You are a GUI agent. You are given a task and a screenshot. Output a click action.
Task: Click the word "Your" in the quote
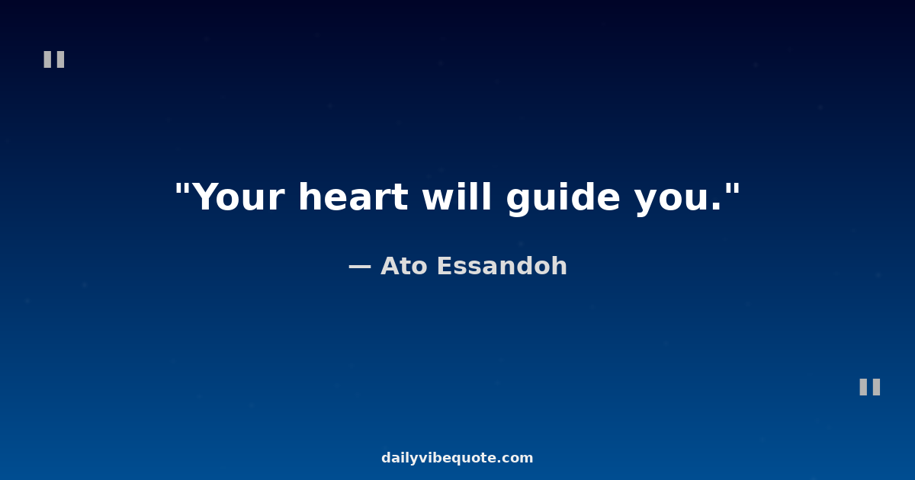click(238, 197)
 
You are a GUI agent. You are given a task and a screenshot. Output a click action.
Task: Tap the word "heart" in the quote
click(354, 197)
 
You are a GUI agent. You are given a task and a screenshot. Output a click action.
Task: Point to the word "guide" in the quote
click(563, 198)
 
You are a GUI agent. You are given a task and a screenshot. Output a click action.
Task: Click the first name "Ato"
click(404, 266)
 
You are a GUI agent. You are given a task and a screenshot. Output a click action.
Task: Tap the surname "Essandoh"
click(502, 266)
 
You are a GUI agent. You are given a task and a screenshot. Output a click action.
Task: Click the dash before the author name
click(359, 267)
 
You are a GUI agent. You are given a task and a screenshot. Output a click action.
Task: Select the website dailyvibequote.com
click(457, 458)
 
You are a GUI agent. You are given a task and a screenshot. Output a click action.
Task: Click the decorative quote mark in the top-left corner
click(54, 59)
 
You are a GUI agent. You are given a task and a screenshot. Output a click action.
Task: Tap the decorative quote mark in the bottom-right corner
click(870, 387)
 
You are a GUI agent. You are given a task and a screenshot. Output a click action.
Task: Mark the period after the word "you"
click(716, 207)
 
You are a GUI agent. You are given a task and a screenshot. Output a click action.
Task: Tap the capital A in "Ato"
click(392, 266)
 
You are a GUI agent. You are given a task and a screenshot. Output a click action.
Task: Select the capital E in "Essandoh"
click(445, 266)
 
